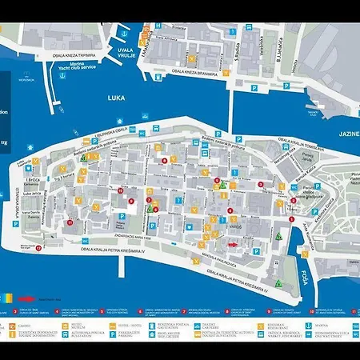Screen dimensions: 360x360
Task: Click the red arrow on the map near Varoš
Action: [x=233, y=245]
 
